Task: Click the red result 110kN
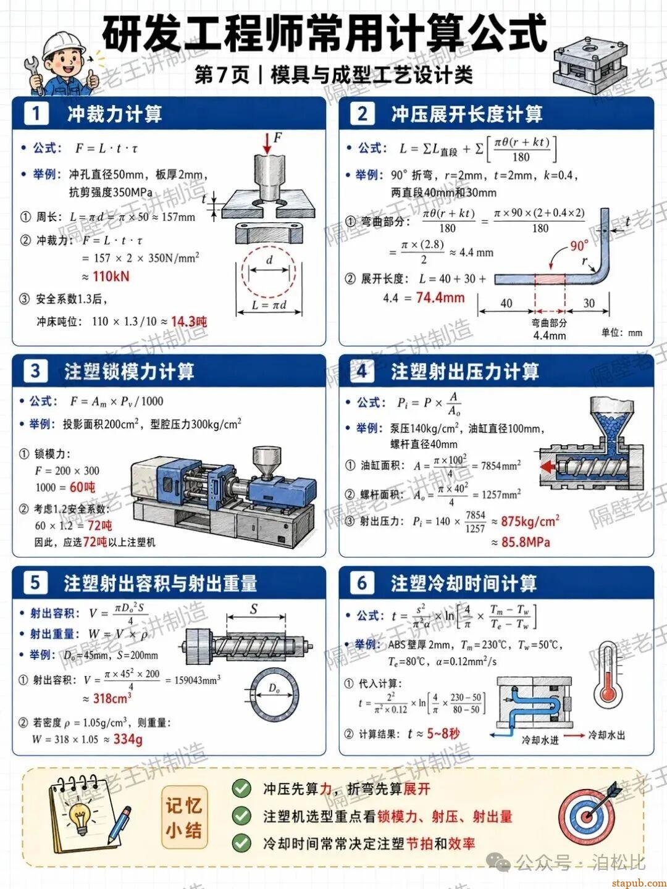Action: click(111, 276)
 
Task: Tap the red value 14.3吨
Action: click(189, 322)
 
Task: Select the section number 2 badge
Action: click(362, 114)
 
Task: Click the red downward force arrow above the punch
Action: click(267, 143)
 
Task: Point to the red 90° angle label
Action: click(579, 245)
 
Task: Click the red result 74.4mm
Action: click(440, 298)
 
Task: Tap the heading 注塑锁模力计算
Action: click(129, 371)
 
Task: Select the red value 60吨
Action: click(83, 487)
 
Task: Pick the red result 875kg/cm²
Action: click(530, 521)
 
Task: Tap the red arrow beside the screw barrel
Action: click(547, 467)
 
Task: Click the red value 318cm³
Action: click(112, 698)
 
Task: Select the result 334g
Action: click(128, 739)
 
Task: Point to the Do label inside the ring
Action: click(274, 689)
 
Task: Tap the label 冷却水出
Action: click(606, 735)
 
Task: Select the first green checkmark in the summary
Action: click(241, 788)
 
